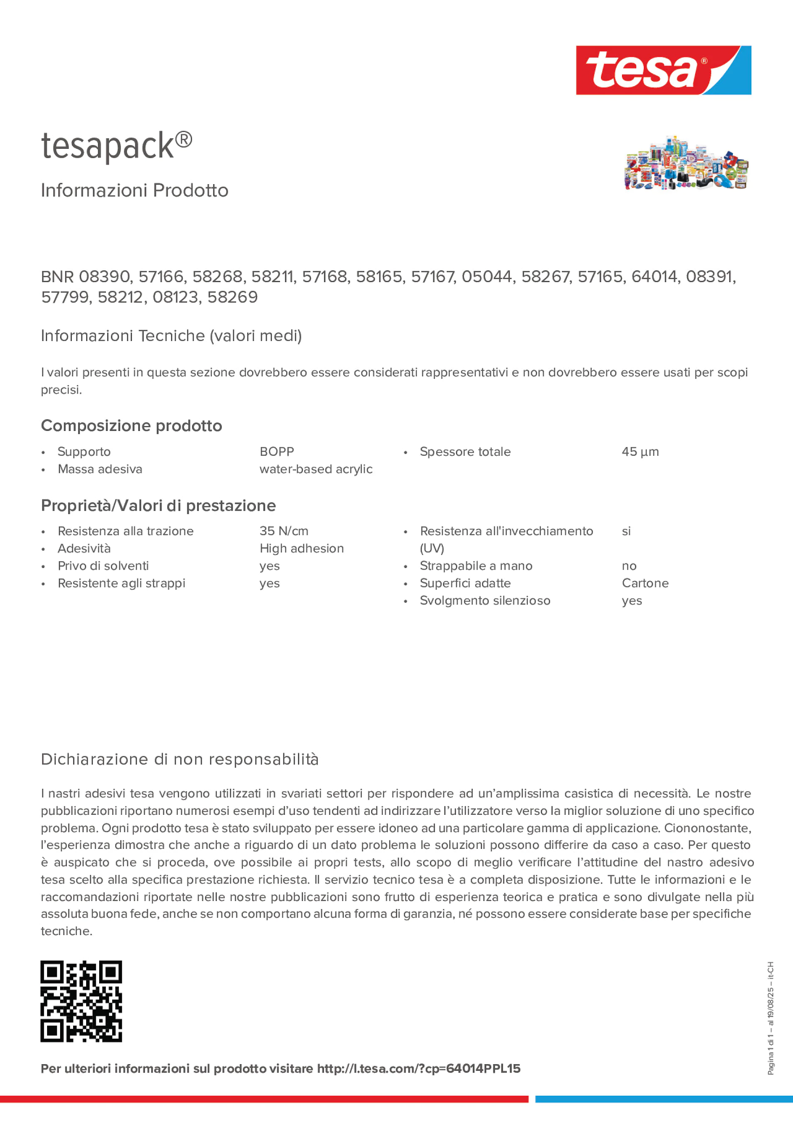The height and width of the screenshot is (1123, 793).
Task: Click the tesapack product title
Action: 116,146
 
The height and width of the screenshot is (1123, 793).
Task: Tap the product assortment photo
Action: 685,163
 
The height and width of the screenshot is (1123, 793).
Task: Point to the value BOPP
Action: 277,452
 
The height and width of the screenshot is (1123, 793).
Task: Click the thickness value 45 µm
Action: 640,452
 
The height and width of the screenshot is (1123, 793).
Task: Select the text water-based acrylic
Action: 316,469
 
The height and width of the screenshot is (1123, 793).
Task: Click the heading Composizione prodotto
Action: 132,425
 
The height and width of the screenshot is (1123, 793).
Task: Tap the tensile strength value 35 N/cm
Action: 284,531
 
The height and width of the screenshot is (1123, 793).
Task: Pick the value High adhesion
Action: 302,548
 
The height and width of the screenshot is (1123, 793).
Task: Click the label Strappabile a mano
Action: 476,566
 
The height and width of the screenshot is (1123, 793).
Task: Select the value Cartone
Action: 645,583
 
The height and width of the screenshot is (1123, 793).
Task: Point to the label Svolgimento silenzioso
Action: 485,601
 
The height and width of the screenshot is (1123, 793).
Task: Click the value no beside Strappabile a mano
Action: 629,566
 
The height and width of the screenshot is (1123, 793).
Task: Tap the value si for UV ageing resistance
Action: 626,531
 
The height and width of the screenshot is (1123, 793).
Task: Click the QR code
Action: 81,1001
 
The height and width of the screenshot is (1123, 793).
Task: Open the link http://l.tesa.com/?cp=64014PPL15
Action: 419,1069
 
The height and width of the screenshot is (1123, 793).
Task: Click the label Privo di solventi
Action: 103,566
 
